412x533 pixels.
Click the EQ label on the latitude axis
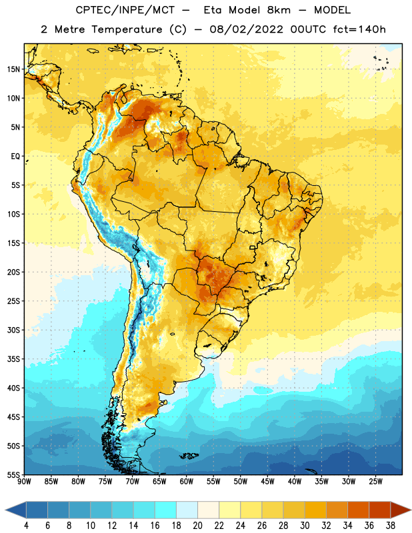(x=15, y=157)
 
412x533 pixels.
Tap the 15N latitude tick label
(x=13, y=69)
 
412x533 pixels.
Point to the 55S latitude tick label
(x=13, y=474)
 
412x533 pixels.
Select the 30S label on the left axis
(x=13, y=330)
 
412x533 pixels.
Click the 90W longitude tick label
(x=24, y=482)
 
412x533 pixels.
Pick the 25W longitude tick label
(x=375, y=482)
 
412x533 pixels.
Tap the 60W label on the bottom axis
(x=187, y=482)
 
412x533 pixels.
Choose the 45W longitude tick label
(x=267, y=482)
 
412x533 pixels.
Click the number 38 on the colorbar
(x=391, y=526)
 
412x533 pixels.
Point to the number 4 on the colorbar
(x=26, y=526)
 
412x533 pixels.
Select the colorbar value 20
(x=197, y=526)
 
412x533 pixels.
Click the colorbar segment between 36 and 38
(x=380, y=510)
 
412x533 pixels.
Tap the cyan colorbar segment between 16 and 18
(x=165, y=510)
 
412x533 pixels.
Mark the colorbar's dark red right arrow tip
(x=411, y=510)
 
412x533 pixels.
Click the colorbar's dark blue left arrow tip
(x=5, y=510)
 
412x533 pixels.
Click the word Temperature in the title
(x=127, y=29)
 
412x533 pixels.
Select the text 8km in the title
(x=279, y=10)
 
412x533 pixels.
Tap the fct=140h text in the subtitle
(x=359, y=29)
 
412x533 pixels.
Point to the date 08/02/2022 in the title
(x=246, y=29)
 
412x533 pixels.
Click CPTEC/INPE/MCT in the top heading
(x=125, y=10)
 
